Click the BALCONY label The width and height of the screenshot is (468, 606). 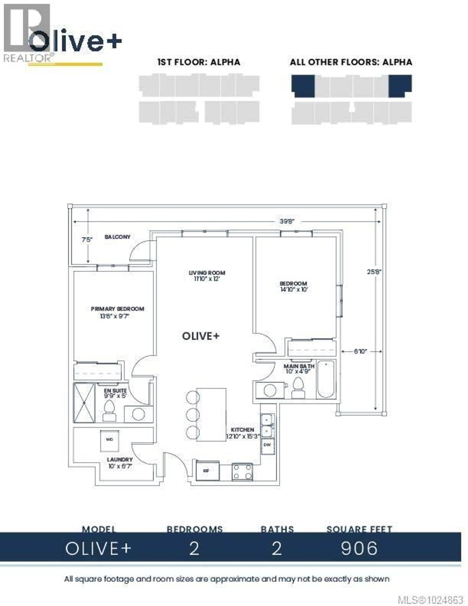[117, 237]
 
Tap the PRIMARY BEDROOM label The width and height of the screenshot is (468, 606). [117, 309]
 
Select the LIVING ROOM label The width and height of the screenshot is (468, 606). [207, 273]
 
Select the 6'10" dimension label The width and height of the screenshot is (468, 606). [360, 351]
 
